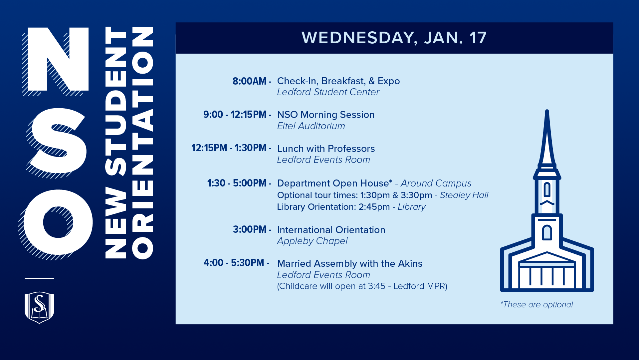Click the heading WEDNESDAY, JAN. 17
click(394, 38)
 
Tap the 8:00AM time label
click(250, 81)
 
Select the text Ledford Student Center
click(328, 92)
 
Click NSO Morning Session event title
click(325, 115)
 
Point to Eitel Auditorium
click(311, 126)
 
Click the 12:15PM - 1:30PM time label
click(229, 148)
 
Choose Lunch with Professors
click(325, 149)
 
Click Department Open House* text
click(334, 183)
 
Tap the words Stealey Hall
click(464, 195)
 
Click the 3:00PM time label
click(250, 229)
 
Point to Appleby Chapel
click(312, 241)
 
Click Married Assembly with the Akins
click(349, 264)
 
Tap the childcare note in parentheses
click(362, 286)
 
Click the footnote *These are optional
click(536, 305)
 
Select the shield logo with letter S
click(39, 307)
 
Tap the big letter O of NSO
click(59, 222)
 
